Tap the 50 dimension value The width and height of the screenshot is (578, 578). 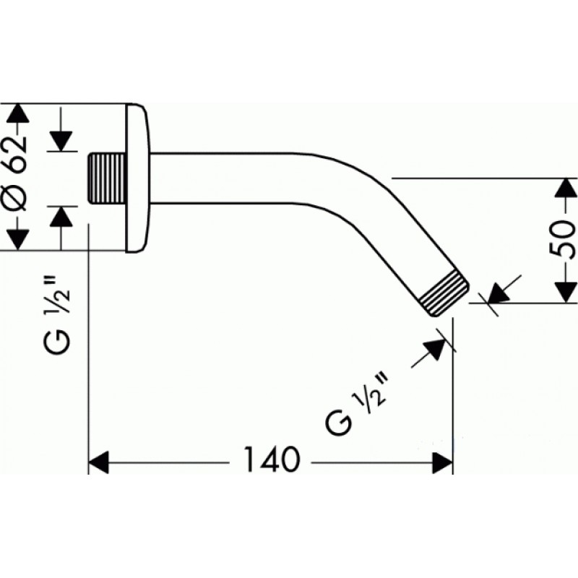(x=562, y=241)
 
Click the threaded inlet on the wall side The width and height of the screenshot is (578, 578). (x=106, y=178)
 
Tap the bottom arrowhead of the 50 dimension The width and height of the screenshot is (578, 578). (x=562, y=293)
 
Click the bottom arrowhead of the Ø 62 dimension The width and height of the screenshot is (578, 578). (x=18, y=239)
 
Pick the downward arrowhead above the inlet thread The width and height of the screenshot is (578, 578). (x=61, y=141)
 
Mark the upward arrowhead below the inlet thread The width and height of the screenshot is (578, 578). (x=61, y=216)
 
